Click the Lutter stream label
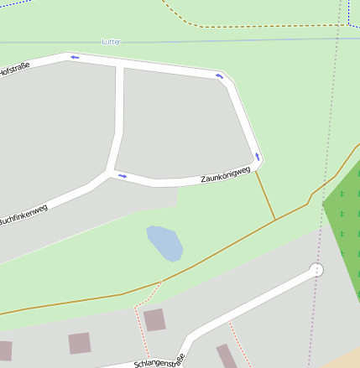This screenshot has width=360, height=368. (x=111, y=41)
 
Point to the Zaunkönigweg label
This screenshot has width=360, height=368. (x=225, y=174)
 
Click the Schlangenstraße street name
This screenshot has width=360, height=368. (x=159, y=364)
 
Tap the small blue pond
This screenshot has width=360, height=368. (x=164, y=243)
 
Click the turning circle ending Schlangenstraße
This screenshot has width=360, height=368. (x=316, y=269)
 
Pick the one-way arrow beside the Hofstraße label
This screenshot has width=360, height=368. (x=75, y=57)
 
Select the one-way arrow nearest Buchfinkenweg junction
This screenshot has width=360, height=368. (x=123, y=176)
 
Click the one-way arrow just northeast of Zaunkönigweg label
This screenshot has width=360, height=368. (x=258, y=157)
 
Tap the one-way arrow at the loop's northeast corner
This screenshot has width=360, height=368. (x=220, y=77)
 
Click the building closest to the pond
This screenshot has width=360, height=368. (x=154, y=319)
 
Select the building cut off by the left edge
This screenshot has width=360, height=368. (x=5, y=350)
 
